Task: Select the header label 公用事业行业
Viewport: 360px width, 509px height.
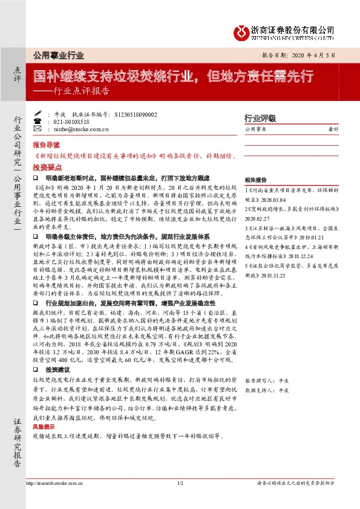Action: click(58, 55)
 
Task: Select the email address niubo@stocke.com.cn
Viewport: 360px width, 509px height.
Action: click(81, 129)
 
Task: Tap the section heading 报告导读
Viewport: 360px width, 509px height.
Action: click(46, 146)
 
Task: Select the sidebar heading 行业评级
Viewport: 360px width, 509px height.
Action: click(260, 118)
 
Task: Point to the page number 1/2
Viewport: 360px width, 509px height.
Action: click(180, 483)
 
